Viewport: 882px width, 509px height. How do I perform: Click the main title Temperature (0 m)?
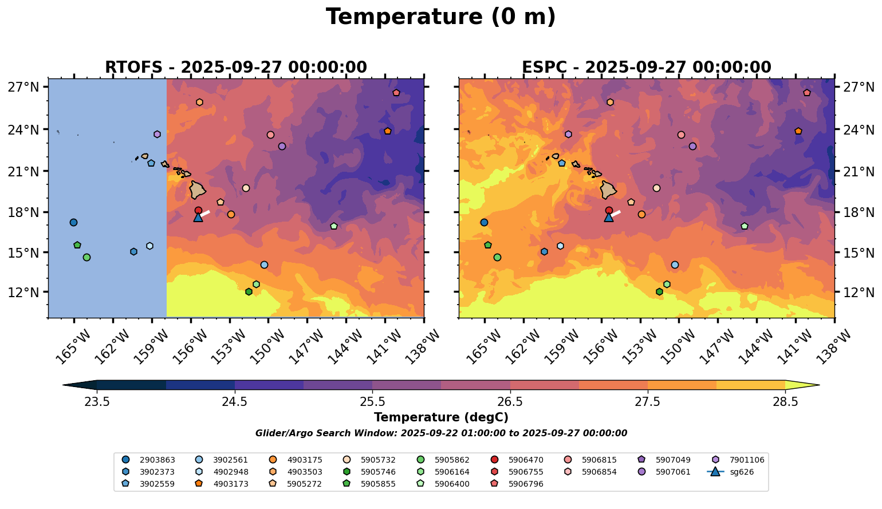click(440, 17)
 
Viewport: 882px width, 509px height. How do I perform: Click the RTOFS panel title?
click(235, 68)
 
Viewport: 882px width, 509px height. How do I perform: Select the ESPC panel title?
click(646, 68)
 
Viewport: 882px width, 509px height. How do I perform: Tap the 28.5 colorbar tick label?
click(785, 402)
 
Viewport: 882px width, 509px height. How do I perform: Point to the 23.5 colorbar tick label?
click(97, 402)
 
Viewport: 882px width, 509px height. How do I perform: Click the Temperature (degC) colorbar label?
click(440, 417)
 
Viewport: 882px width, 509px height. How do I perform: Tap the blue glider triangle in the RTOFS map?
click(198, 217)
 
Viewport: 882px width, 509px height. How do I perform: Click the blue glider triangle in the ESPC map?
click(609, 217)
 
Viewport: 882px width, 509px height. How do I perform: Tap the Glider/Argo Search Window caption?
click(440, 433)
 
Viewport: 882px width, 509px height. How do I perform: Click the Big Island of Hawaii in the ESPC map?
click(608, 190)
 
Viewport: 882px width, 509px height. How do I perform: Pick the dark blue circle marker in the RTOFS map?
click(73, 223)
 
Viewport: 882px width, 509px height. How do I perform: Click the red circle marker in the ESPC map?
click(609, 210)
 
